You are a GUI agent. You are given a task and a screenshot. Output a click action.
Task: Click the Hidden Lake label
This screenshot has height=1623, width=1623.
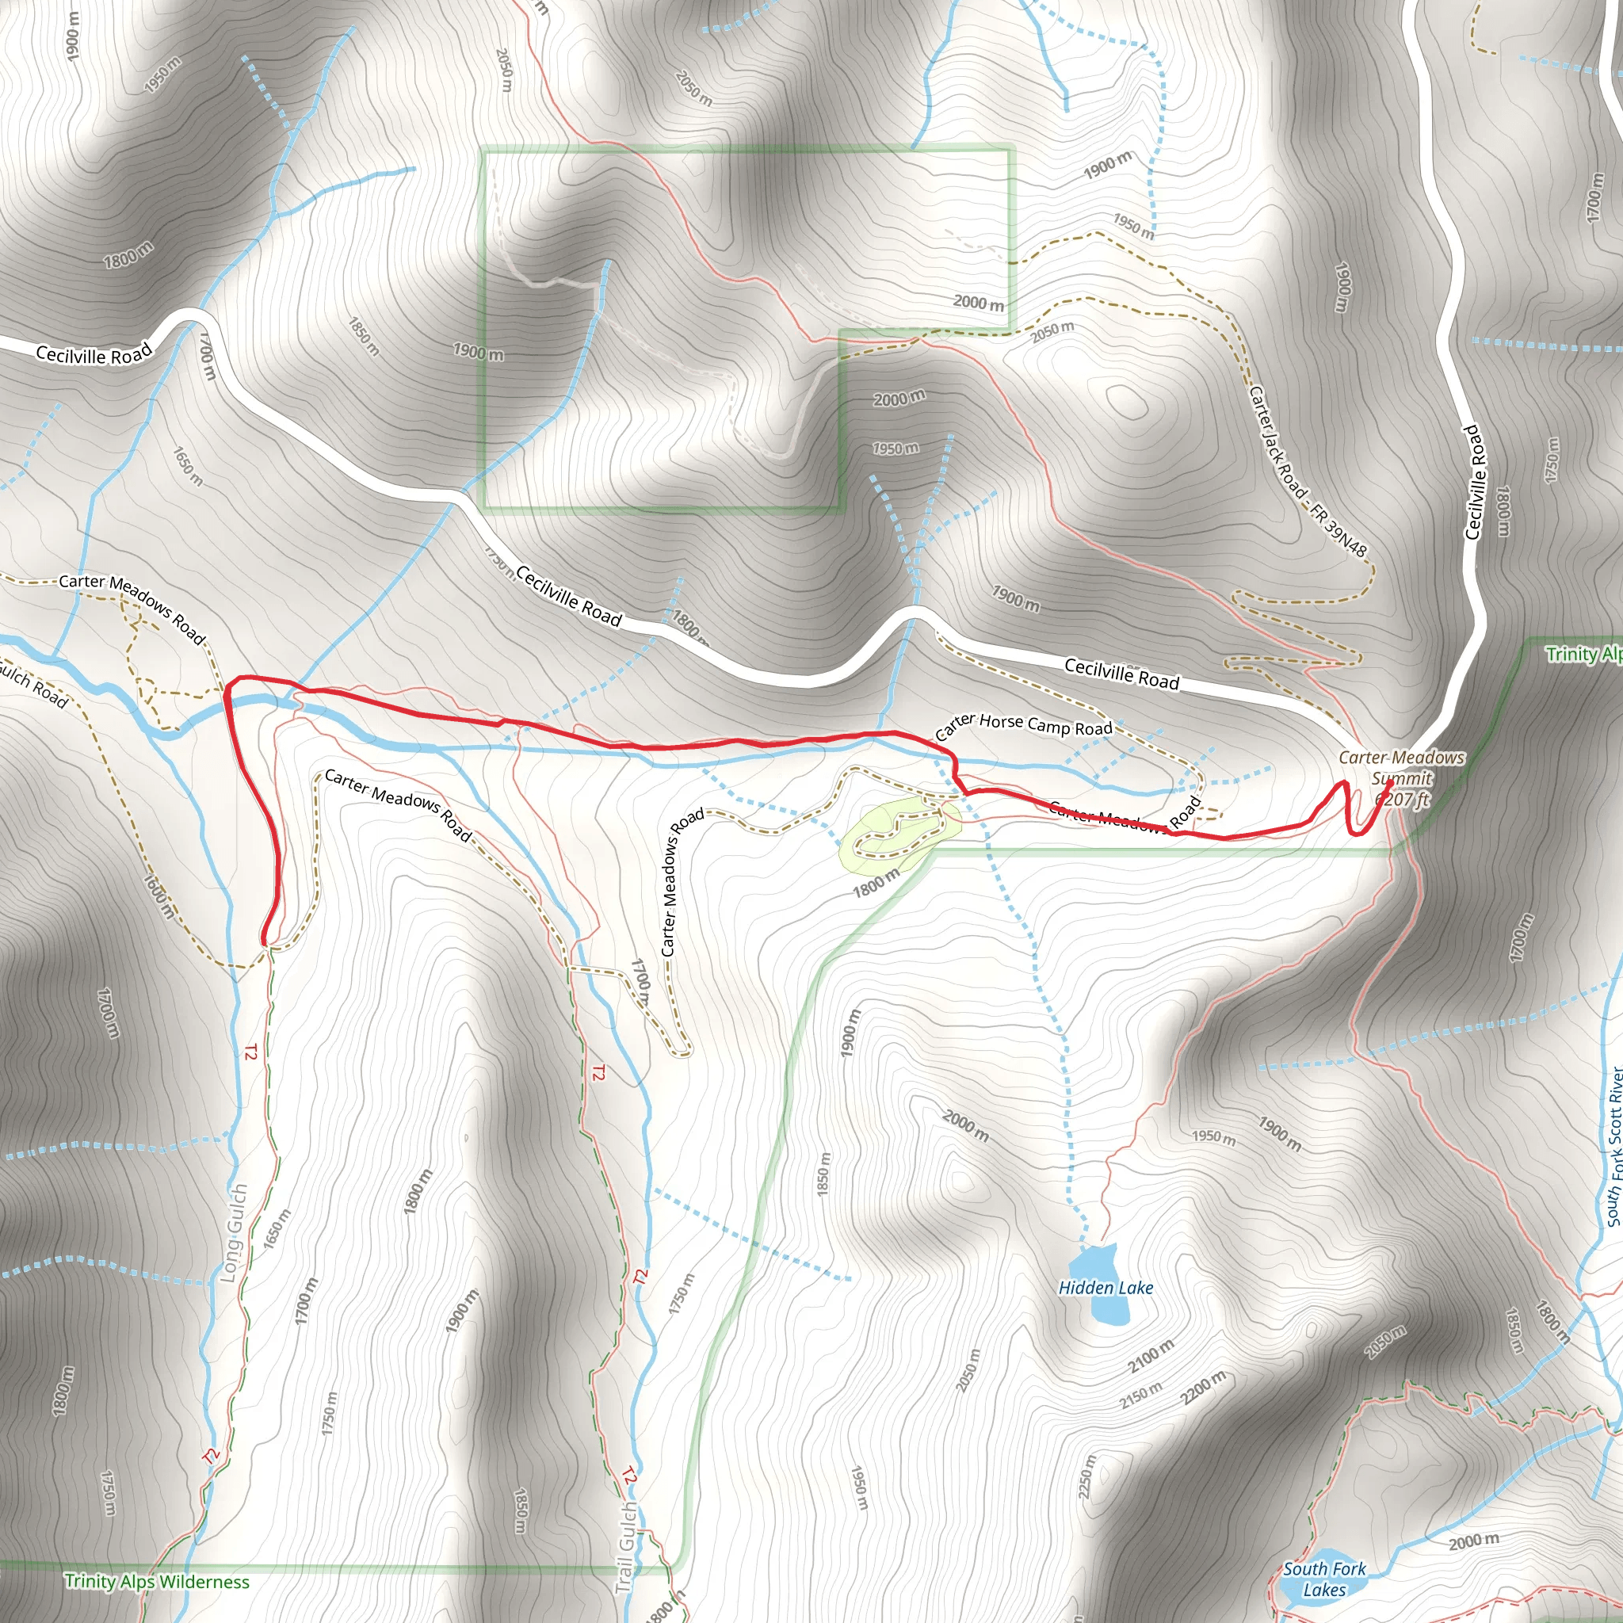point(1106,1288)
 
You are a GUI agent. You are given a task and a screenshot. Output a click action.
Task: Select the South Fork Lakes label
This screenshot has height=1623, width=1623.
point(1325,1579)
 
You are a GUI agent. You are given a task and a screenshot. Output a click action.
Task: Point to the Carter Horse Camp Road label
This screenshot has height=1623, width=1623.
point(1023,726)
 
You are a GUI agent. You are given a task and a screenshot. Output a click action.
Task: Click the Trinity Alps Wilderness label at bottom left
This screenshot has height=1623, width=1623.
point(157,1581)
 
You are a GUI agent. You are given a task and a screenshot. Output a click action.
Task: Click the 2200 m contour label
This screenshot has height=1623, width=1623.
point(1204,1387)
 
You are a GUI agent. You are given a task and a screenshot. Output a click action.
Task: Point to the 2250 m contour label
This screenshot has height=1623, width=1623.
point(1086,1476)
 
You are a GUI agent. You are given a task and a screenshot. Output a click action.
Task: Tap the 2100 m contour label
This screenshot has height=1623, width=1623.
point(1151,1356)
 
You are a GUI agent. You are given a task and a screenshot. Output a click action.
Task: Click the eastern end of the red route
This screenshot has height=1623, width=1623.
point(1390,782)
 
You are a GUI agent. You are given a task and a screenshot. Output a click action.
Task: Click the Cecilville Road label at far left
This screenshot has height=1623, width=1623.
point(94,353)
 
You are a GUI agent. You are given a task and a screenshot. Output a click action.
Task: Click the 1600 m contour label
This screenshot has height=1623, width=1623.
point(159,896)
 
